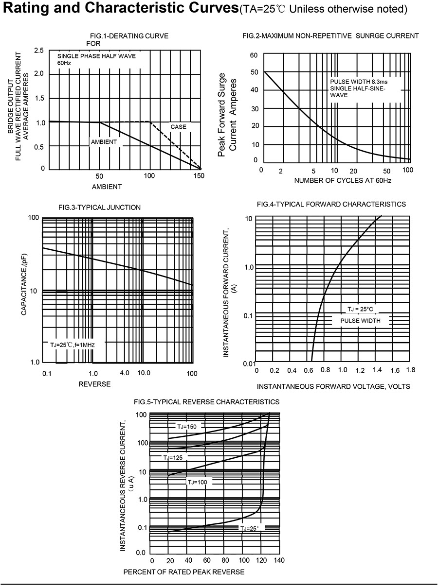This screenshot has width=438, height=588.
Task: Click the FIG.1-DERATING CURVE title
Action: click(129, 36)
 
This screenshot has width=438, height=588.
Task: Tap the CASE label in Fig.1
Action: click(178, 127)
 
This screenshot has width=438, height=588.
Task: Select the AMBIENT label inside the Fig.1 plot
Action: click(104, 142)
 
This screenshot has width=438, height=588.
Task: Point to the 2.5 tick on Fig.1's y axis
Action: click(39, 51)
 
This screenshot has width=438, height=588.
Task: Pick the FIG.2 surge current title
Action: click(330, 36)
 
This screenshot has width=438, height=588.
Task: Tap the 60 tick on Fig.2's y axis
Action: click(253, 55)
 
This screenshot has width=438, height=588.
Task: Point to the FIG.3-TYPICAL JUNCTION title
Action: click(99, 208)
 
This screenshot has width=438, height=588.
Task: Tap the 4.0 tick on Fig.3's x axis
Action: click(124, 373)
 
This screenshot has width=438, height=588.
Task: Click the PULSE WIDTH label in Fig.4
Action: click(360, 321)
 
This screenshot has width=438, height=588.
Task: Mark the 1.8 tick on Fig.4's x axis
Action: click(410, 370)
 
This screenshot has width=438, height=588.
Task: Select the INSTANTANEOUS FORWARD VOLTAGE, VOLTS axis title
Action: click(333, 386)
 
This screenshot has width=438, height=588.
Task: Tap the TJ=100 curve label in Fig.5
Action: click(197, 482)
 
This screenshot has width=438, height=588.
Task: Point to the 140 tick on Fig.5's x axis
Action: click(279, 560)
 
